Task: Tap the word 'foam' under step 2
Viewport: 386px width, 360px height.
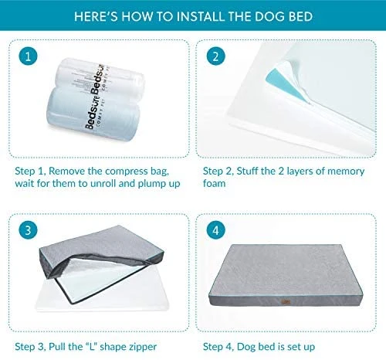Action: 215,183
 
